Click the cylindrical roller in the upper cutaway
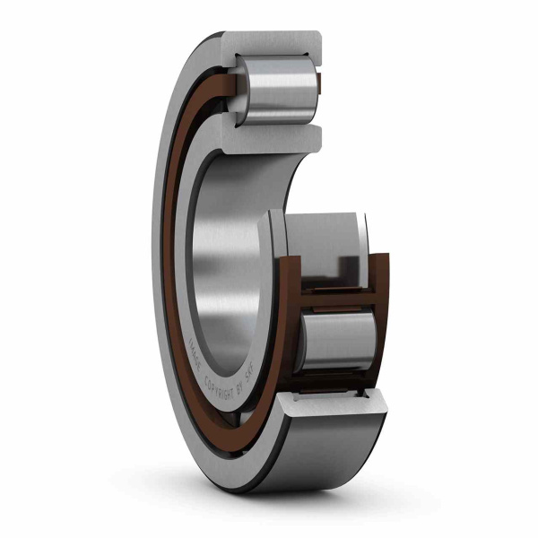278,87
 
